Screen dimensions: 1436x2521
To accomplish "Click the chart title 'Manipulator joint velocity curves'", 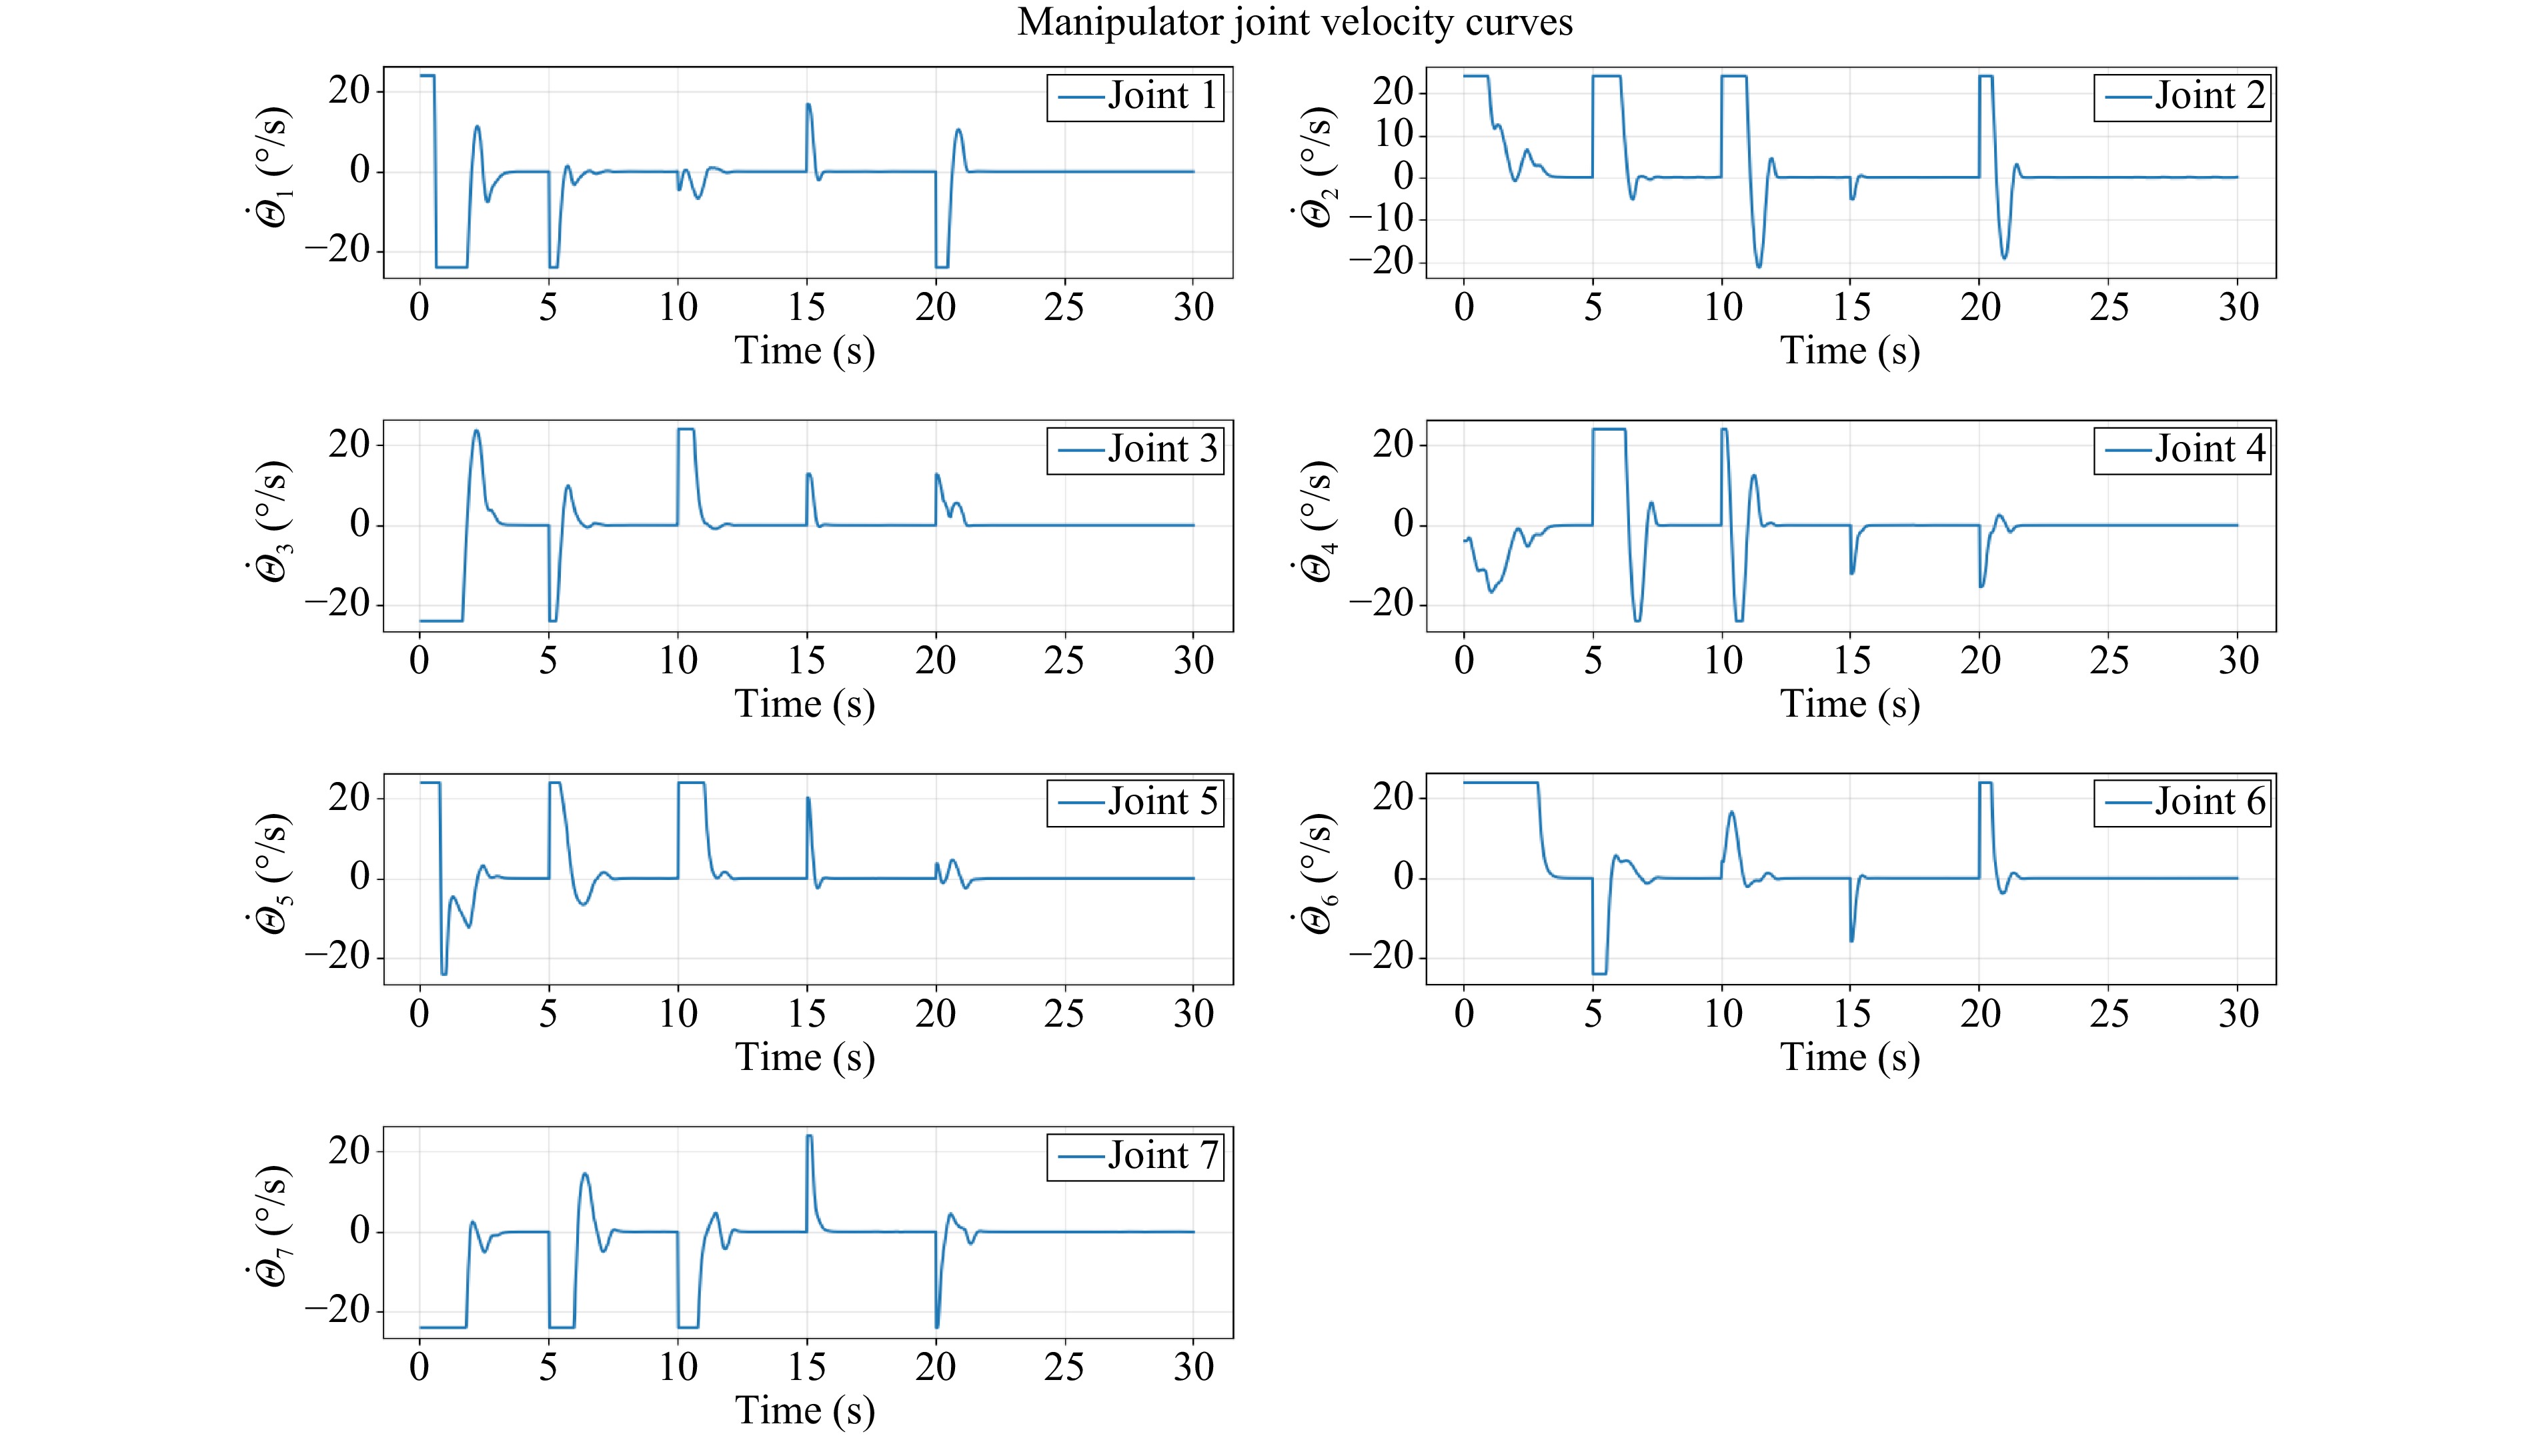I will (1295, 22).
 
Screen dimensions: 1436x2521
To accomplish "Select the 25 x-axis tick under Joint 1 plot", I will (1064, 308).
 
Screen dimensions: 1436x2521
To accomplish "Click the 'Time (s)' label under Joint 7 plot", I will (804, 1411).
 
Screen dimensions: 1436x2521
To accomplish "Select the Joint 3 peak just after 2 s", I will (477, 430).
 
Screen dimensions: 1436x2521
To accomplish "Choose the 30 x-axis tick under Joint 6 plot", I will (2238, 1014).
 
